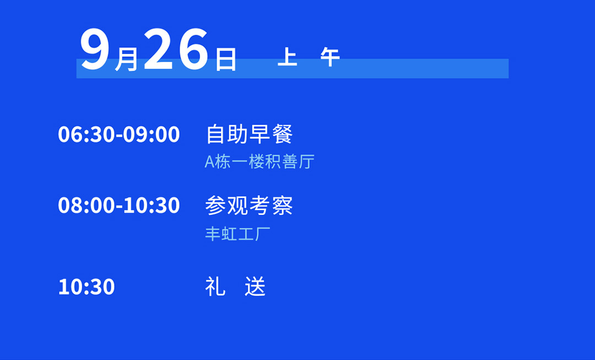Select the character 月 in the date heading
tap(126, 59)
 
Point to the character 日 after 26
tap(226, 59)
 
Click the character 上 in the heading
tap(287, 57)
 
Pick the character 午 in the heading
tap(330, 57)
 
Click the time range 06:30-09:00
tap(119, 135)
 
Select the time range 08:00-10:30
tap(119, 206)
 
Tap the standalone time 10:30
tap(86, 287)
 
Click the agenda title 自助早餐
tap(249, 134)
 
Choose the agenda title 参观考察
tap(249, 206)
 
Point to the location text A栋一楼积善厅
tap(259, 162)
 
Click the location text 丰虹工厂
tap(238, 234)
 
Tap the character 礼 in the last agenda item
tap(215, 286)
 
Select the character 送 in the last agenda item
tap(255, 286)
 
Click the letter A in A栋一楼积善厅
tap(210, 162)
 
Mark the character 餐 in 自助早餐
tap(282, 134)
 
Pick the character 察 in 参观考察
tap(282, 206)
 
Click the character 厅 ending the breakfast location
tap(307, 162)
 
